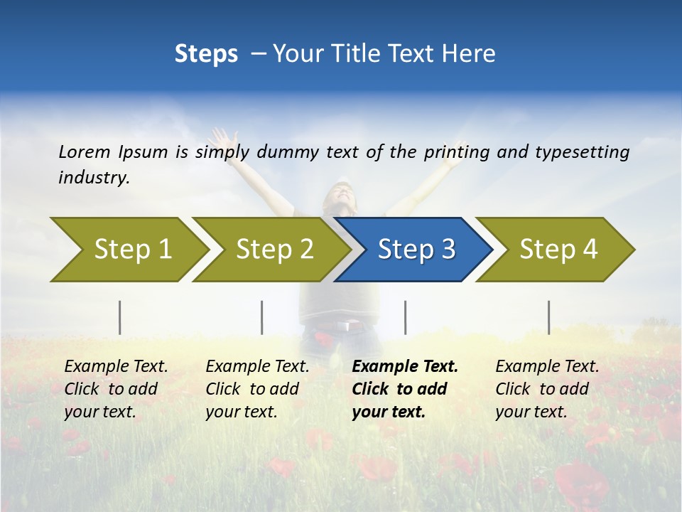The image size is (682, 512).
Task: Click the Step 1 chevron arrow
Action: [128, 250]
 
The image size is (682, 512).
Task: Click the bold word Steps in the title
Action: [206, 54]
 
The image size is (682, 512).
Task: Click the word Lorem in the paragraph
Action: [85, 151]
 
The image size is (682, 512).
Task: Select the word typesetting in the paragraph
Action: [582, 151]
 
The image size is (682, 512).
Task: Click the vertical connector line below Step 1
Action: [120, 317]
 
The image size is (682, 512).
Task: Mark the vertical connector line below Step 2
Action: [262, 317]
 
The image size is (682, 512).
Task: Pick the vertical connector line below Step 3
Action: [405, 317]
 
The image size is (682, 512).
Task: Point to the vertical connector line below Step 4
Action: [548, 317]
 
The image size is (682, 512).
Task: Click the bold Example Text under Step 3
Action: [405, 367]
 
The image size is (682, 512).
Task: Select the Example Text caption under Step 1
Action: [116, 367]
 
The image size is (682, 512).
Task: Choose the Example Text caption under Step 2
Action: [257, 367]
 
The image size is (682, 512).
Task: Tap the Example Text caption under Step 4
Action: [547, 367]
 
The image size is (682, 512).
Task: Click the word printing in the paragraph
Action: [454, 151]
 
